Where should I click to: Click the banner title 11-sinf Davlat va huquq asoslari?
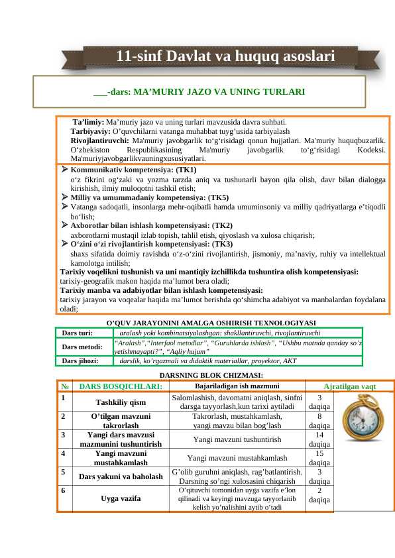pos(225,58)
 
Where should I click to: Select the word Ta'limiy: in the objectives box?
pos(88,123)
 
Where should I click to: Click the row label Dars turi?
pos(77,333)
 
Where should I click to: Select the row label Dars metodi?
pos(82,347)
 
